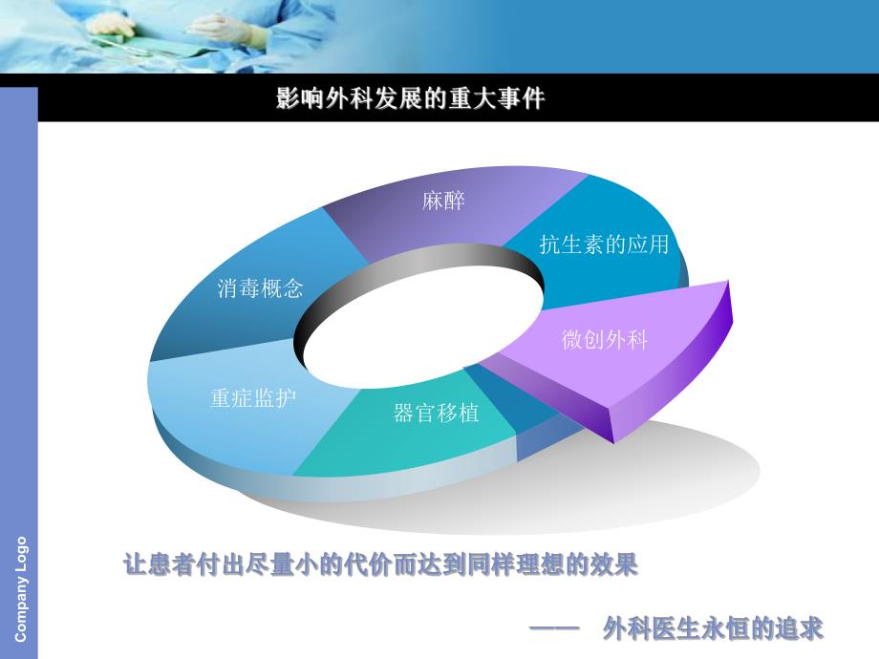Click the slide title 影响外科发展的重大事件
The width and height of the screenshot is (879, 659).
[x=410, y=98]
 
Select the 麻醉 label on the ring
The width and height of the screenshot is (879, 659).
[x=443, y=202]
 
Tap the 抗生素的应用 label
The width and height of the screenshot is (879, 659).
[x=603, y=244]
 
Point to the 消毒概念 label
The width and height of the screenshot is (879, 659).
[x=260, y=287]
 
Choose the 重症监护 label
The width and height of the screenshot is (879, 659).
[x=253, y=397]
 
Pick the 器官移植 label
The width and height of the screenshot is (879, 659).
[x=436, y=414]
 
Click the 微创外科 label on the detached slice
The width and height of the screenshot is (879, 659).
[x=605, y=339]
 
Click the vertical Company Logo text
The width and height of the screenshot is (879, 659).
[x=21, y=588]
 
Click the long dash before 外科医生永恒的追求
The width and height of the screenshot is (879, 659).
[x=555, y=628]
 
